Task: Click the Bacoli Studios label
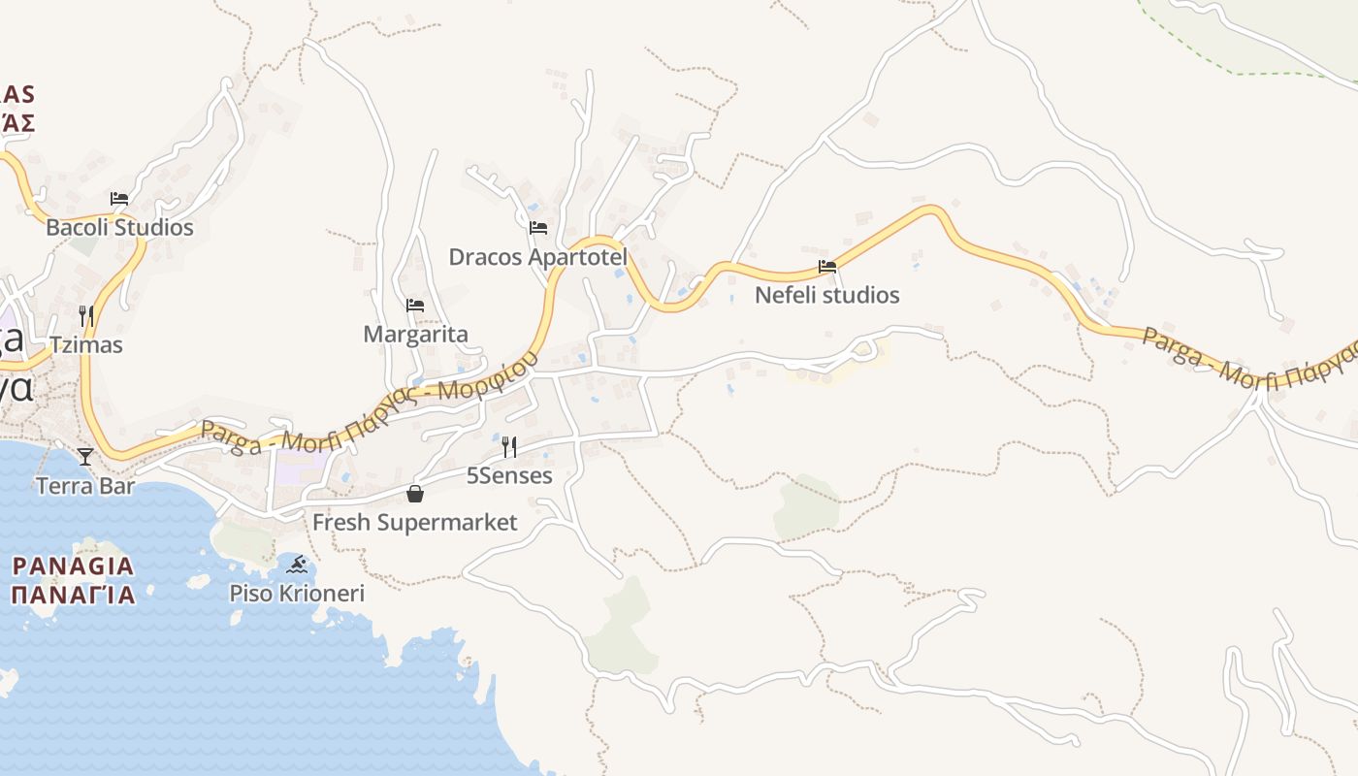click(120, 228)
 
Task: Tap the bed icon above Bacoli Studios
click(119, 199)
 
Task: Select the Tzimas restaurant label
click(87, 344)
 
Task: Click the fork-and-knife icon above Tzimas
click(86, 316)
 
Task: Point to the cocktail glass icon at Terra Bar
click(85, 456)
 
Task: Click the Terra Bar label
click(85, 486)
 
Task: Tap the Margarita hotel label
click(415, 335)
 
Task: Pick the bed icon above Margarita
click(415, 306)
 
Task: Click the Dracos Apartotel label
click(537, 257)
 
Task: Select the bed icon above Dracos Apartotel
click(538, 228)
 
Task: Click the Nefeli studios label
click(827, 295)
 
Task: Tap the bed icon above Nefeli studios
click(827, 266)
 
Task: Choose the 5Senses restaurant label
click(509, 475)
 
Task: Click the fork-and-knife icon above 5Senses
click(509, 446)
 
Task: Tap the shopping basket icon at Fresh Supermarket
click(415, 494)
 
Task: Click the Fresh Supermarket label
click(414, 523)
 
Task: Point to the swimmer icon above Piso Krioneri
click(297, 565)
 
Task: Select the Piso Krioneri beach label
click(297, 593)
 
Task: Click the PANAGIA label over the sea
click(73, 566)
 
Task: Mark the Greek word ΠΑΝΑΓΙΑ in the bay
click(73, 594)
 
